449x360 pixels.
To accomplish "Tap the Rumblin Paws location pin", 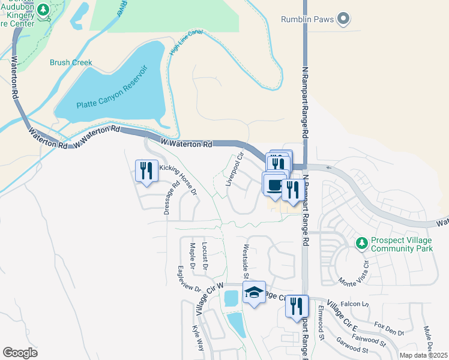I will (x=343, y=19).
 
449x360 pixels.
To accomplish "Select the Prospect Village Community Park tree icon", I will (x=361, y=243).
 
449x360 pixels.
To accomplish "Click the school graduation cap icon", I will (x=254, y=292).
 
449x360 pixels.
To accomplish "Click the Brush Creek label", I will (x=71, y=62).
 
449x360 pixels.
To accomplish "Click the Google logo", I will (x=20, y=353).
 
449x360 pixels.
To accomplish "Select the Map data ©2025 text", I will (x=423, y=355).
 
